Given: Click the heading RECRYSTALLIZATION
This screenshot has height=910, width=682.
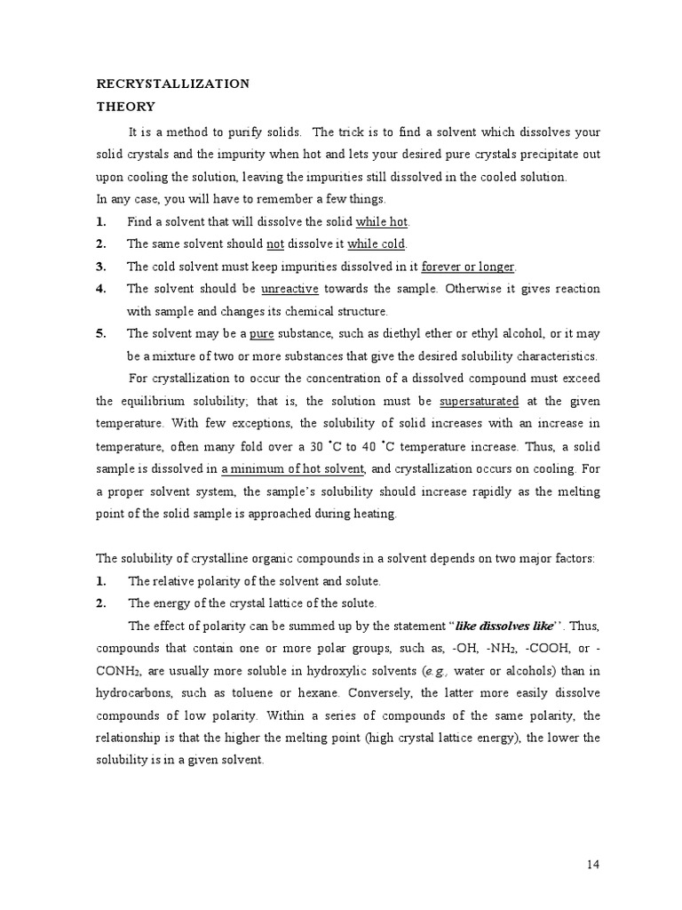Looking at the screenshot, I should (x=172, y=84).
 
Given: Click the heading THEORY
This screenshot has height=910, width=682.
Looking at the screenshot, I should (x=125, y=107).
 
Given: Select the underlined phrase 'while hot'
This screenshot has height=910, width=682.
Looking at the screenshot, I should (x=382, y=221).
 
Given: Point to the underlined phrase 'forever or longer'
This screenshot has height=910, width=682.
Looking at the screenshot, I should (x=467, y=267).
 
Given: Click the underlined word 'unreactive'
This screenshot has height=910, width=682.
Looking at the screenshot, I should (x=289, y=289).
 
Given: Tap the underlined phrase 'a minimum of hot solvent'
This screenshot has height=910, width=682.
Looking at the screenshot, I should (x=293, y=468).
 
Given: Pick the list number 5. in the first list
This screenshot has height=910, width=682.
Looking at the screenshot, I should (x=101, y=333).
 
